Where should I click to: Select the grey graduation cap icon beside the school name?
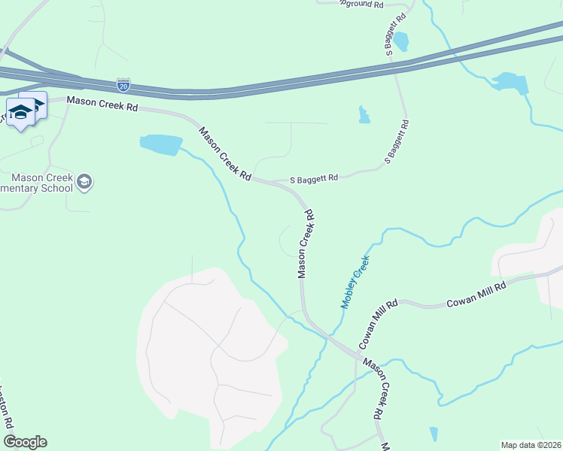[x=85, y=181]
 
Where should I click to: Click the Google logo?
[x=25, y=442]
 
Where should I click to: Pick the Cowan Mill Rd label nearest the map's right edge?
[x=476, y=294]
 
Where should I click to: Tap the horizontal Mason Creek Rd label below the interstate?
[x=102, y=105]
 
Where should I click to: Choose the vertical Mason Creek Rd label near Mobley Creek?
[x=305, y=244]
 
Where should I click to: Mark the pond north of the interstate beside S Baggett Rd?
[x=400, y=41]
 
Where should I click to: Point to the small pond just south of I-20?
[x=364, y=114]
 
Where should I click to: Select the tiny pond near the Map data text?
[x=433, y=434]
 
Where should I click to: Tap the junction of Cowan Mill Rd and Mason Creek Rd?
[x=356, y=354]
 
